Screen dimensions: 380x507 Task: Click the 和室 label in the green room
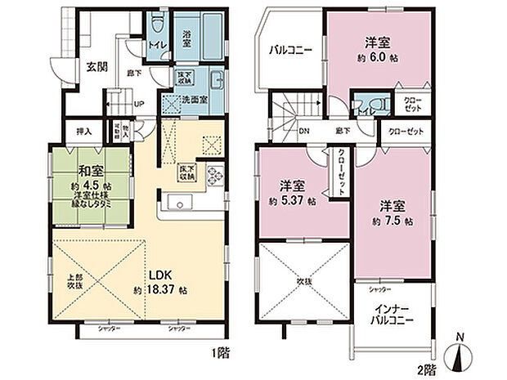(89, 172)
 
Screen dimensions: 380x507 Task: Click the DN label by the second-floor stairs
(302, 131)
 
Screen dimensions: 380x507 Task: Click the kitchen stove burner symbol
(215, 173)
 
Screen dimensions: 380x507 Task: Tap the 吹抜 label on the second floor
(303, 284)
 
